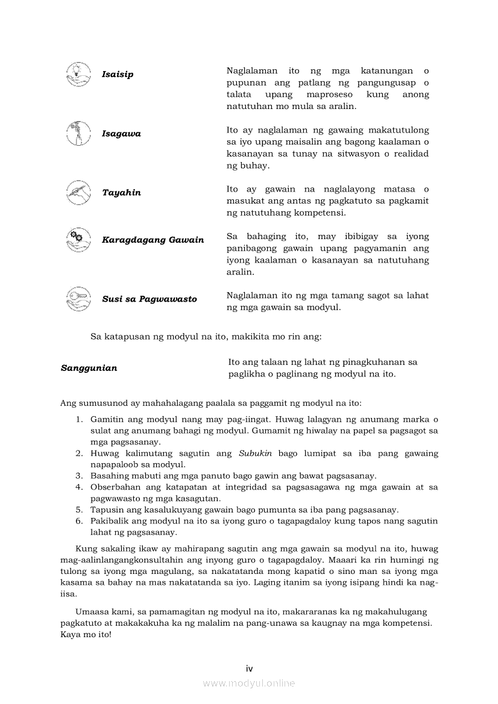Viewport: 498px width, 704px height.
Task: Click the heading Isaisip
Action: pos(118,75)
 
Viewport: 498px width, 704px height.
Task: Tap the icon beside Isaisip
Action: pos(78,74)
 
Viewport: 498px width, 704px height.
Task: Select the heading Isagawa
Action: pos(121,134)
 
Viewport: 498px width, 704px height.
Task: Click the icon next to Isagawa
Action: pos(78,133)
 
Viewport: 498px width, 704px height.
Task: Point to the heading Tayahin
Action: pos(121,193)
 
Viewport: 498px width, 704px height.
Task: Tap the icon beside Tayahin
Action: pos(78,192)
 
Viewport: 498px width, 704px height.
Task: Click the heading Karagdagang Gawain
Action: pos(153,240)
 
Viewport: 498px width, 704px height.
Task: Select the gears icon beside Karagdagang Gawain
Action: pos(78,239)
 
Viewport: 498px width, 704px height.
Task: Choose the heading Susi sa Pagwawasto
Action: pos(149,299)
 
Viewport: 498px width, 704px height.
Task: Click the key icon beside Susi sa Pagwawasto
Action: pos(78,298)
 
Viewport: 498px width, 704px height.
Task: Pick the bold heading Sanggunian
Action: pos(89,368)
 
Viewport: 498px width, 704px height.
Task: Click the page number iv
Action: pos(249,668)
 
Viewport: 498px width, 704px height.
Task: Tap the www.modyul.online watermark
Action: pos(249,684)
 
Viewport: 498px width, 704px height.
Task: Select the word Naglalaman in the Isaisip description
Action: pos(252,71)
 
